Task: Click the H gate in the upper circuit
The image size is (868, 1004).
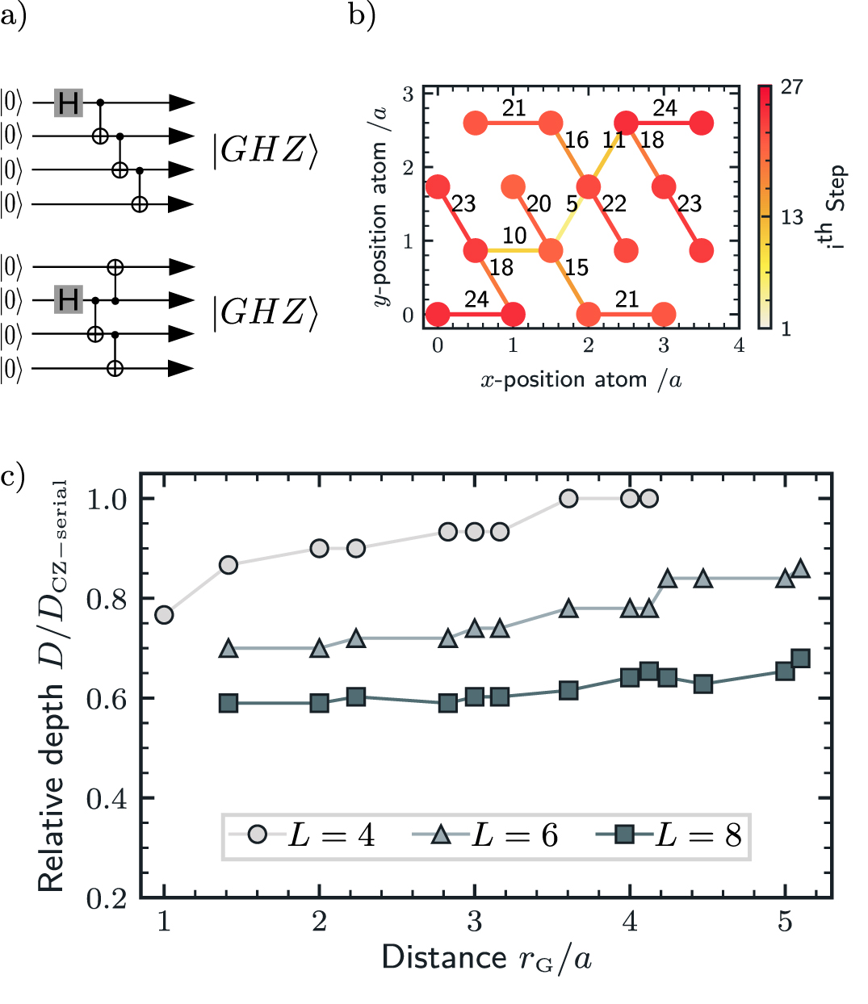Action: [x=69, y=103]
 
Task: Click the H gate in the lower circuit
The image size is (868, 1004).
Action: [x=69, y=300]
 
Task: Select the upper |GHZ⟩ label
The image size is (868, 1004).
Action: [x=265, y=151]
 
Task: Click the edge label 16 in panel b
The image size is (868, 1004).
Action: [x=576, y=140]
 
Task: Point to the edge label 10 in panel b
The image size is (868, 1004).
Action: [x=514, y=236]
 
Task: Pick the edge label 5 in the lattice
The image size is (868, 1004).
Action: [x=572, y=204]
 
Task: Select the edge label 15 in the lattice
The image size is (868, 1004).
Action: [x=576, y=268]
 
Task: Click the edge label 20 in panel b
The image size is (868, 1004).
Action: [x=539, y=204]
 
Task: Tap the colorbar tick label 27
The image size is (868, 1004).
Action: [x=792, y=86]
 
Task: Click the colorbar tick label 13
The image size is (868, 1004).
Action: [x=792, y=217]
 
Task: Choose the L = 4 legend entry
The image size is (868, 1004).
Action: [x=303, y=835]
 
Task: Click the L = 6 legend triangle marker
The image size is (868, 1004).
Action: [x=441, y=835]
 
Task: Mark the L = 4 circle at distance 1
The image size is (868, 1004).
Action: [x=164, y=615]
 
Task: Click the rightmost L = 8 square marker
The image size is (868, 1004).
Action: [x=800, y=659]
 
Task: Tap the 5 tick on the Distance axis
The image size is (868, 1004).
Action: [x=785, y=922]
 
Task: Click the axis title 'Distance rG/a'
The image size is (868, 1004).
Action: [x=487, y=958]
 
